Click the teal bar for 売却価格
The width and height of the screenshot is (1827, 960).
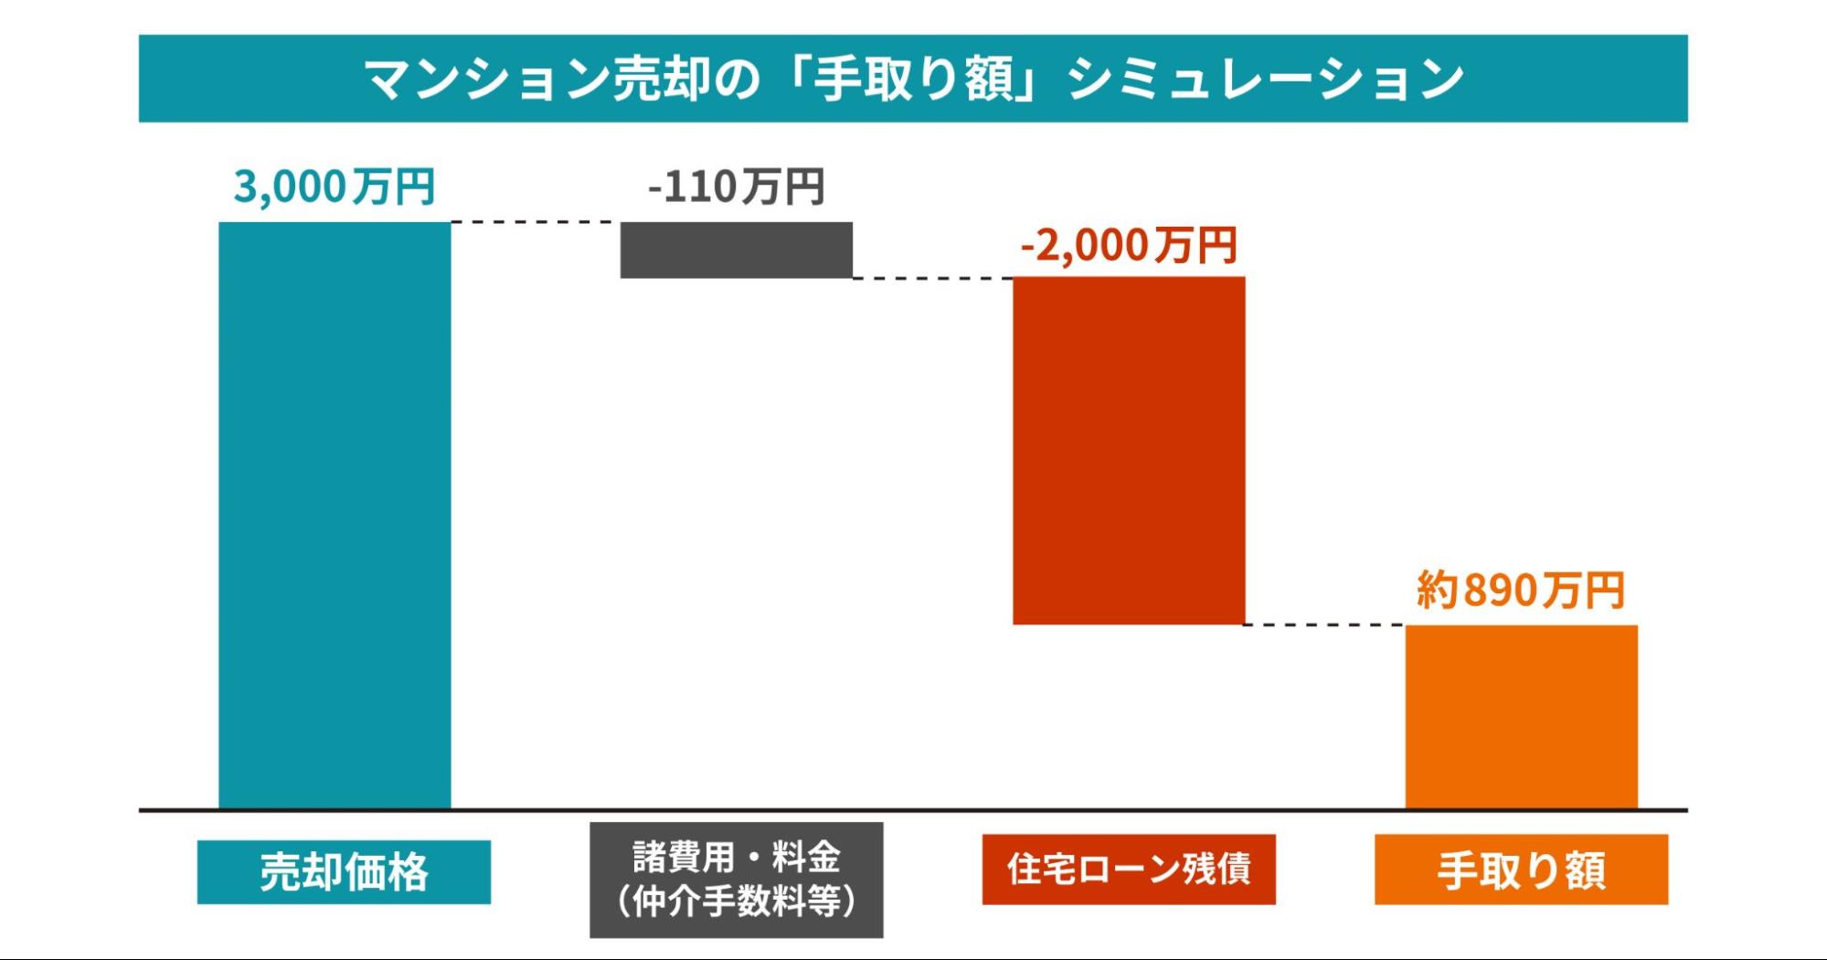(335, 515)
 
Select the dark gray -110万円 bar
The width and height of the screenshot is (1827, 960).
(736, 250)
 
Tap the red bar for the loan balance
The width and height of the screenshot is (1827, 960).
(1129, 451)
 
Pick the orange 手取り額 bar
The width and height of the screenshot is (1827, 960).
(1521, 717)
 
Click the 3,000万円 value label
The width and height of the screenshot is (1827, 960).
(335, 187)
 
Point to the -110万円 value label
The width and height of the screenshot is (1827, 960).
(736, 187)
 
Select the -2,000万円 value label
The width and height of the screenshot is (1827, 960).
(1129, 245)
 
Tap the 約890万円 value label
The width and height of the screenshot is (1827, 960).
(1521, 590)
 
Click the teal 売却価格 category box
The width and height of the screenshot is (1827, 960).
(344, 871)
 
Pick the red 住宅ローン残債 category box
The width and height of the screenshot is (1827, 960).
(1129, 869)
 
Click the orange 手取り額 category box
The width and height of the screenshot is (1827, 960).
(1521, 869)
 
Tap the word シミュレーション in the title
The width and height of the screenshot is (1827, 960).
(1266, 79)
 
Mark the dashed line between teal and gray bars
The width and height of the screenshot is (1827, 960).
(535, 222)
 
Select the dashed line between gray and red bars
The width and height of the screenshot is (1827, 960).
(932, 278)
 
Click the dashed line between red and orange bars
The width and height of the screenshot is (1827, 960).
(1324, 625)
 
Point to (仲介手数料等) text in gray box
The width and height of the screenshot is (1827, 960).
(736, 901)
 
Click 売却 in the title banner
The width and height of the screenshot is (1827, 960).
(660, 79)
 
